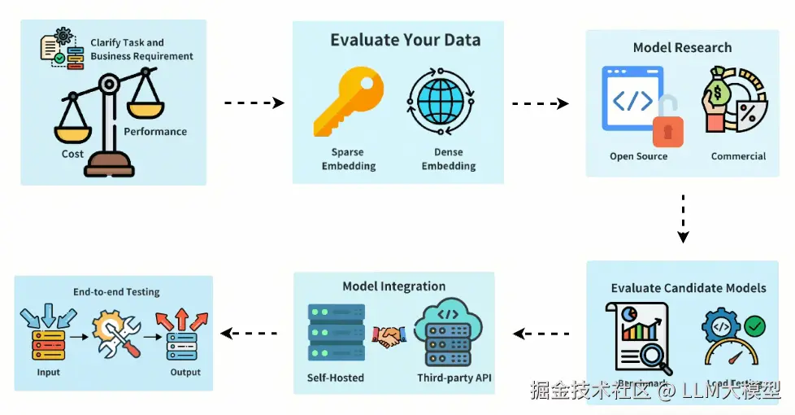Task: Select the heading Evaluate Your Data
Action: pyautogui.click(x=405, y=40)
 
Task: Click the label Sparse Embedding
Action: pyautogui.click(x=348, y=159)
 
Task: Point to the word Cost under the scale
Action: pyautogui.click(x=72, y=154)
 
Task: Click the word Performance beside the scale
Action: pyautogui.click(x=155, y=132)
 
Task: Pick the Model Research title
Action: pyautogui.click(x=682, y=47)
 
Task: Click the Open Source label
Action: pyautogui.click(x=638, y=156)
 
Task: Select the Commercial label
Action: pyautogui.click(x=738, y=156)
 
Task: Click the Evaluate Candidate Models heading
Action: pyautogui.click(x=689, y=288)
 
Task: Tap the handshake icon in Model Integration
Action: pyautogui.click(x=389, y=335)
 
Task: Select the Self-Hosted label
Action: pyautogui.click(x=336, y=378)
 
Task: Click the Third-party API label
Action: pyautogui.click(x=454, y=378)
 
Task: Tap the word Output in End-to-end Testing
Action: pyautogui.click(x=185, y=373)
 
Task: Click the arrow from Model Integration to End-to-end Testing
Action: pyautogui.click(x=250, y=333)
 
